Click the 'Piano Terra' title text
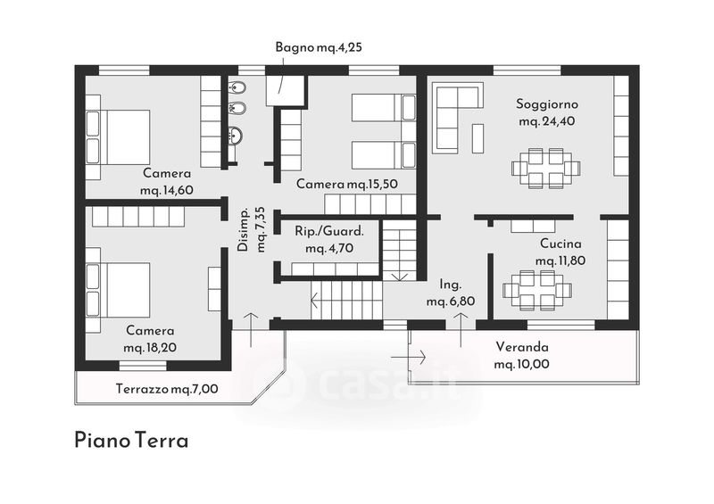(x=131, y=441)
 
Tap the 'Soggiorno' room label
(x=547, y=104)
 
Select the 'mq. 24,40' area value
(x=547, y=121)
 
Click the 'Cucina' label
(x=560, y=244)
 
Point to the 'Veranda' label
(x=522, y=347)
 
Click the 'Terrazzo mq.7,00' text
(x=167, y=389)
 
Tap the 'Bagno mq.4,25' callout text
(x=319, y=47)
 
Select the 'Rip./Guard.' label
(x=329, y=231)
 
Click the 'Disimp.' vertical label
(x=243, y=230)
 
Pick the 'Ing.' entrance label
(x=451, y=285)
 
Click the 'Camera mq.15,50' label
(x=347, y=184)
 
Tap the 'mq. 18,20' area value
(x=150, y=348)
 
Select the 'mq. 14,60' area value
(x=167, y=190)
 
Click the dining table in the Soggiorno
(x=545, y=168)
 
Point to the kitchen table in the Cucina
(x=537, y=290)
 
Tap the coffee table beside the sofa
(x=477, y=138)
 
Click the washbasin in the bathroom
(x=236, y=136)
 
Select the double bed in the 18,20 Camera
(x=118, y=290)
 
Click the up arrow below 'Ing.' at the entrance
(x=461, y=329)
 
